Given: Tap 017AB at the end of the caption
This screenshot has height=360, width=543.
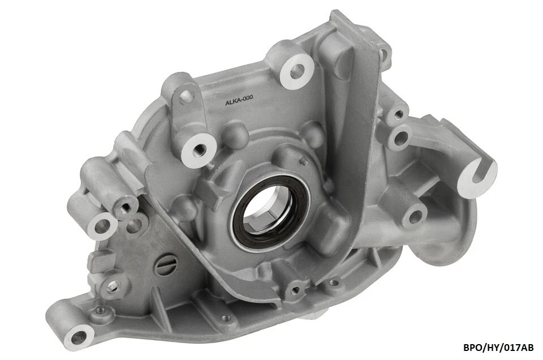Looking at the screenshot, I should (516, 348).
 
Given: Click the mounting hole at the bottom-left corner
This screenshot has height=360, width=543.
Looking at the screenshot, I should (79, 337).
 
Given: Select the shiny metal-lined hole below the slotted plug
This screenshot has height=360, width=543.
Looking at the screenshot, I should (113, 287).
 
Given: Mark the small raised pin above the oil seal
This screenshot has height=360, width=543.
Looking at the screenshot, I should (303, 162).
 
